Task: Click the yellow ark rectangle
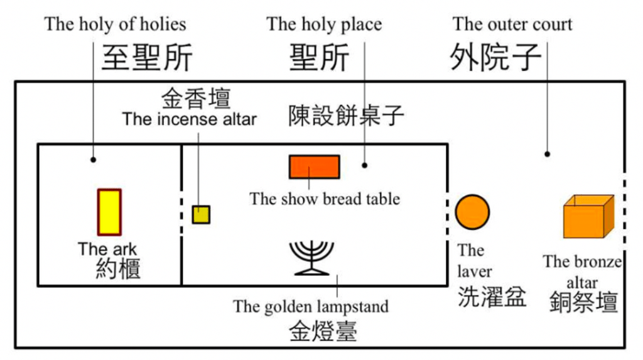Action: (x=109, y=212)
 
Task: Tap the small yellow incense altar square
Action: (x=201, y=215)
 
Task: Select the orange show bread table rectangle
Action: (x=315, y=166)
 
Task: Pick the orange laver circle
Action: (x=472, y=212)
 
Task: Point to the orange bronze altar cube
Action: (x=588, y=217)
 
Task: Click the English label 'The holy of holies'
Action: (x=116, y=25)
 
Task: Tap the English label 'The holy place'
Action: (x=324, y=25)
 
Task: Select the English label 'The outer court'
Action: (x=512, y=25)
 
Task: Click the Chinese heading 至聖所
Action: (x=147, y=58)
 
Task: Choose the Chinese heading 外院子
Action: (x=496, y=58)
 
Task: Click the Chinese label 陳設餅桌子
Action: (x=346, y=115)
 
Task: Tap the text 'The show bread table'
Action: (x=325, y=199)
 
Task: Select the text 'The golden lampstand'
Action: (x=311, y=307)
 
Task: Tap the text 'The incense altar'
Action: (x=189, y=119)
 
